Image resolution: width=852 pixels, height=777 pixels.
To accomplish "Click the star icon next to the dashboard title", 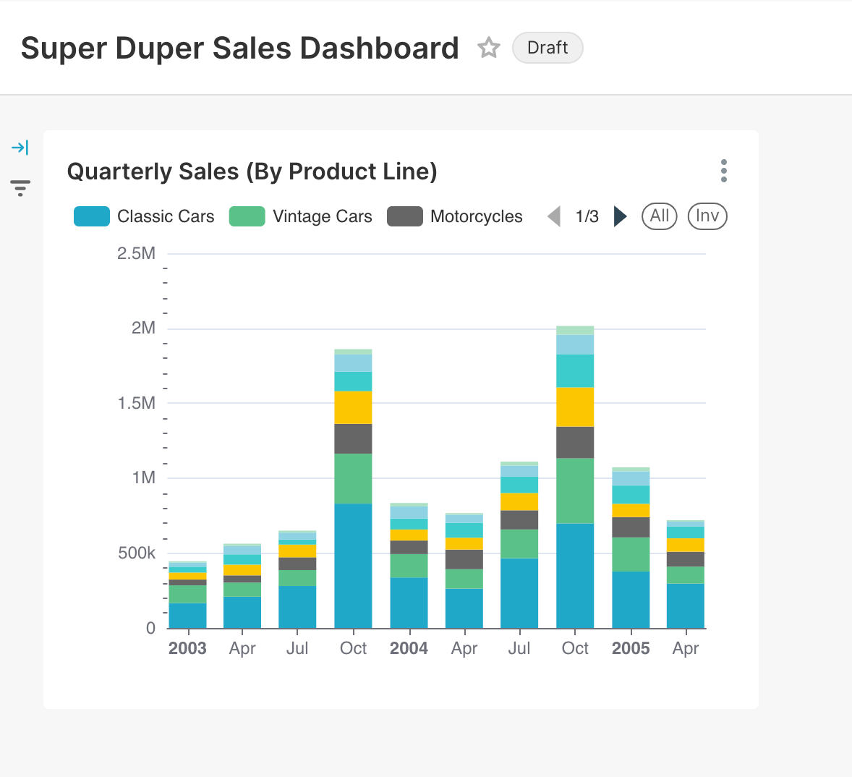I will [x=489, y=48].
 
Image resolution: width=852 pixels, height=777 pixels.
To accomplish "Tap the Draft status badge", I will [x=548, y=48].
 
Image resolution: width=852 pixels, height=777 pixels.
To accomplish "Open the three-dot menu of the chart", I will [x=723, y=171].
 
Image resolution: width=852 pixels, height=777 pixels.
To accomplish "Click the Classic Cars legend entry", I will [x=145, y=216].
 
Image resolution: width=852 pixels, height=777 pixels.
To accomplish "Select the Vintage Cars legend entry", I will [x=301, y=216].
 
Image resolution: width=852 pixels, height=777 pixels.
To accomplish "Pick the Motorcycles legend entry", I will [x=455, y=216].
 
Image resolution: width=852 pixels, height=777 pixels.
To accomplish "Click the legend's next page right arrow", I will [x=620, y=216].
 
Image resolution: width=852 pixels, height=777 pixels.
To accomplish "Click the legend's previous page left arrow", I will [x=554, y=216].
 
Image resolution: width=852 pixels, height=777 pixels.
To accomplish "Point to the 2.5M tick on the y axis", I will [x=137, y=253].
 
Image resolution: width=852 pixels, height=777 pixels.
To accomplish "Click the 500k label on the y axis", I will [x=137, y=553].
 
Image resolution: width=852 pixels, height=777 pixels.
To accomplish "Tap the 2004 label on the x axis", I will [x=409, y=648].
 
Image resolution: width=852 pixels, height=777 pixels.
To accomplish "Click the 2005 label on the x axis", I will [x=631, y=648].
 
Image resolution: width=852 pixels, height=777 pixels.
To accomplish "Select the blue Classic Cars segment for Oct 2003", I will [x=353, y=565].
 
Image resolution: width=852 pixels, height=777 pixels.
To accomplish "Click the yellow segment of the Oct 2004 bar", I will [x=575, y=407].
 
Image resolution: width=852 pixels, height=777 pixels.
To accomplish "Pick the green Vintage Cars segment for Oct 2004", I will [x=575, y=491].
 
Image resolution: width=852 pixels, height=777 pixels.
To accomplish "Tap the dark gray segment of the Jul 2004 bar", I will [x=519, y=519].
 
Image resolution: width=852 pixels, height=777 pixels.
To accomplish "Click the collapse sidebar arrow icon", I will [x=20, y=148].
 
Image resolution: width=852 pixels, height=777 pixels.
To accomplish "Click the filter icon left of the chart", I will [x=20, y=188].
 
